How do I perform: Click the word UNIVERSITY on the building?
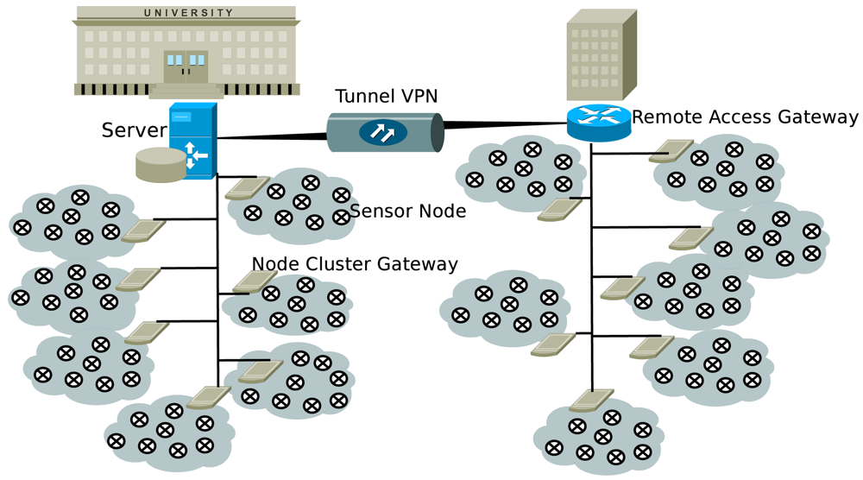coord(188,13)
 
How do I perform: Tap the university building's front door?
coord(186,67)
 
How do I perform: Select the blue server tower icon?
coord(192,141)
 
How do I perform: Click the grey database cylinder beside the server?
coord(161,164)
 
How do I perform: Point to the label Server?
coord(134,130)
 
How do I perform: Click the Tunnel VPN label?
coord(387,96)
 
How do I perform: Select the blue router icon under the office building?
coord(599,122)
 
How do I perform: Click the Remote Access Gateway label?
coord(745,117)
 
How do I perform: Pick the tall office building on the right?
coord(601,56)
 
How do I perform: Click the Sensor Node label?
coord(407,211)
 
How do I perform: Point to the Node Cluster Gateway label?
coord(354,263)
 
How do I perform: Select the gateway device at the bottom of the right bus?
coord(592,401)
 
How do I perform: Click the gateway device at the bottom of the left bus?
coord(208,397)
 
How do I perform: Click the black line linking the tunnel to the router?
coord(505,125)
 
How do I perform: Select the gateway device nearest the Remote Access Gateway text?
coord(671,151)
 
